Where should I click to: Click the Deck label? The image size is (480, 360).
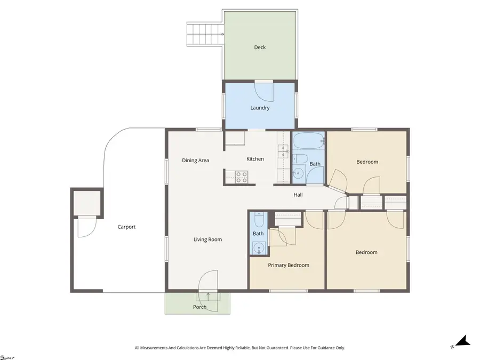click(260, 47)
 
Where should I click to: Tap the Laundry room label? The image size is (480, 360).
click(260, 108)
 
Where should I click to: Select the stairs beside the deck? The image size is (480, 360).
click(205, 35)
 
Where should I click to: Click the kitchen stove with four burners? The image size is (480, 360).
click(241, 177)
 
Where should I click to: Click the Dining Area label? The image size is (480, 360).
click(195, 161)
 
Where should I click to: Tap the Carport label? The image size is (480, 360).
click(126, 227)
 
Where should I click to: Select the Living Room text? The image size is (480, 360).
click(207, 239)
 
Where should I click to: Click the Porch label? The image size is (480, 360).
click(199, 307)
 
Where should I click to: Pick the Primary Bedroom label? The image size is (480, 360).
click(289, 265)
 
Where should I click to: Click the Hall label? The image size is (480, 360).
click(298, 195)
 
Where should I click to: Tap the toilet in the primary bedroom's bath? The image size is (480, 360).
click(259, 220)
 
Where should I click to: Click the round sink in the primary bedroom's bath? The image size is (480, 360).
click(259, 247)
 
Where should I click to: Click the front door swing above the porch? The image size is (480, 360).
click(209, 281)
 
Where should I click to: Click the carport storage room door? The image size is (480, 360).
click(86, 227)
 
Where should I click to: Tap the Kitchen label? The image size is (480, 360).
click(255, 159)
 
